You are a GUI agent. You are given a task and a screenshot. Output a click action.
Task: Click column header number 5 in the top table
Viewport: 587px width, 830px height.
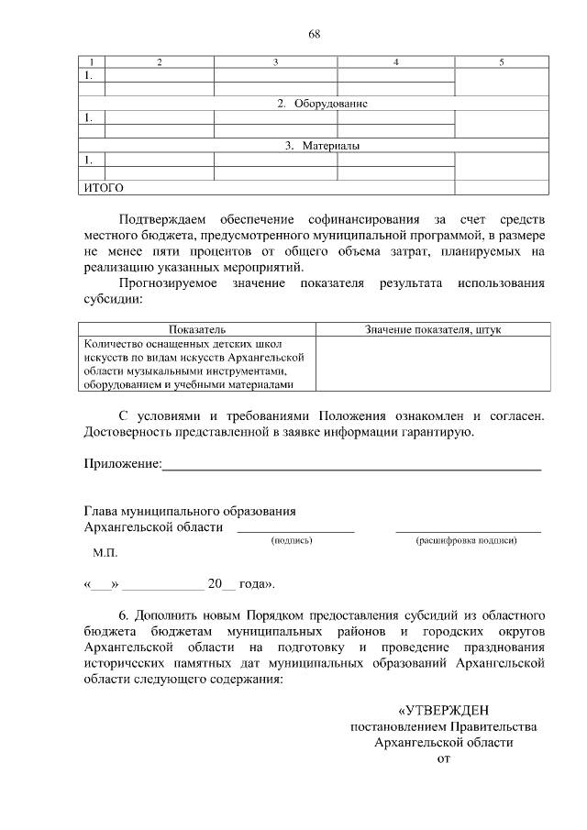502,61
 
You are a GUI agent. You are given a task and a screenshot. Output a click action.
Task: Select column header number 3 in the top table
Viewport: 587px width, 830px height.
275,61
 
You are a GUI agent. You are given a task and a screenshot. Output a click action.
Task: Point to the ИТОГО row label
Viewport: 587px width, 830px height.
104,188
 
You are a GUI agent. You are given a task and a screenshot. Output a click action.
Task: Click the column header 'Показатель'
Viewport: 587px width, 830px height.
197,328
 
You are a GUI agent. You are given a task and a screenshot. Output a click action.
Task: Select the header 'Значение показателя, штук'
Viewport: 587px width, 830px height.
433,328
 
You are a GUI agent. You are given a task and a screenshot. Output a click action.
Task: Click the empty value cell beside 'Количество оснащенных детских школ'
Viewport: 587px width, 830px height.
433,363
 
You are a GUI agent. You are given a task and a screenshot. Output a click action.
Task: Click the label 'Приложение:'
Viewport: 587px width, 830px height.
122,464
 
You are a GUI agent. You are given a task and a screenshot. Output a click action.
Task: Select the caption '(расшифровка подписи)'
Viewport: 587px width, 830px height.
467,541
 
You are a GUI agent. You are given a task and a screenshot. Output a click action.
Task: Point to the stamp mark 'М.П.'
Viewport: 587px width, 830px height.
105,554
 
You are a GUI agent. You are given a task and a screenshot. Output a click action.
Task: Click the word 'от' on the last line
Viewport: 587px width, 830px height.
444,758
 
